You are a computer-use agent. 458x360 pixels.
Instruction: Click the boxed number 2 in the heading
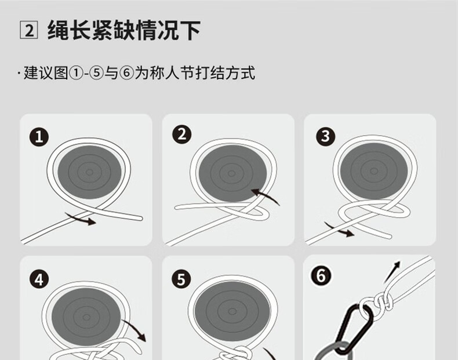click(28, 30)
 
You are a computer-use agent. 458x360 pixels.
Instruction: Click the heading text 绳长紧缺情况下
click(124, 30)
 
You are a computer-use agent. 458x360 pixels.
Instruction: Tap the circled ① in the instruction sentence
click(75, 73)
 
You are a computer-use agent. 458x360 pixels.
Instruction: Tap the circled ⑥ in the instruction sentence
click(126, 73)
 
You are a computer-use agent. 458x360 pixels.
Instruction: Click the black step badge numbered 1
click(39, 137)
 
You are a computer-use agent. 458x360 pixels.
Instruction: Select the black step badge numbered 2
click(181, 134)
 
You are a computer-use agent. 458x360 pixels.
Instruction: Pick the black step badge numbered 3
click(325, 136)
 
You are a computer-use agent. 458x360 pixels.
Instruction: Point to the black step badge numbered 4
click(39, 279)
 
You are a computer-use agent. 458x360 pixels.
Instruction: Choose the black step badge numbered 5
click(181, 279)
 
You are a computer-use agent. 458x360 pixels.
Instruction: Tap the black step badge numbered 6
click(321, 275)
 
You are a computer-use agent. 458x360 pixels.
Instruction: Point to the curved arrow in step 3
click(339, 230)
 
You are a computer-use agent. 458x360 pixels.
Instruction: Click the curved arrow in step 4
click(136, 329)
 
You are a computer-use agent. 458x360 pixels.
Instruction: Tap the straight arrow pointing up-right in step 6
click(392, 272)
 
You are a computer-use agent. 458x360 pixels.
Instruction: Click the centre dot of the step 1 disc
click(89, 172)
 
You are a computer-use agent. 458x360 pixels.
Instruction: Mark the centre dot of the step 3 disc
click(374, 171)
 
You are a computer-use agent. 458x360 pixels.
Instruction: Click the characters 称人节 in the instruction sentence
click(172, 73)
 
